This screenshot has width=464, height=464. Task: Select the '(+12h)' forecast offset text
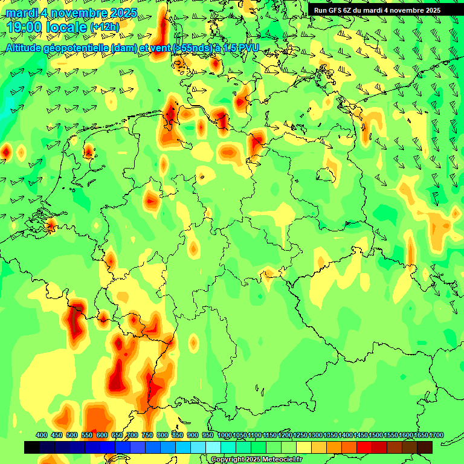point(105,27)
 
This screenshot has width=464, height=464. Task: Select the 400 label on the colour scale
point(42,436)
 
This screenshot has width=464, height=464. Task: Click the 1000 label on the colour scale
point(225,436)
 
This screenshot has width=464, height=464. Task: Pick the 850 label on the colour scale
point(178,436)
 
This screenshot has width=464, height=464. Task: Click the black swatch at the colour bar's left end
point(32,448)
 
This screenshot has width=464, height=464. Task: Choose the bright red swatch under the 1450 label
point(364,448)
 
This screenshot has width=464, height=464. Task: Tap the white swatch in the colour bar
point(213,448)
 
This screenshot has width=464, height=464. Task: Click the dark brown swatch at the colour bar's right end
point(425,448)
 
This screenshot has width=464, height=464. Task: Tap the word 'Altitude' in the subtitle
point(27,48)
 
